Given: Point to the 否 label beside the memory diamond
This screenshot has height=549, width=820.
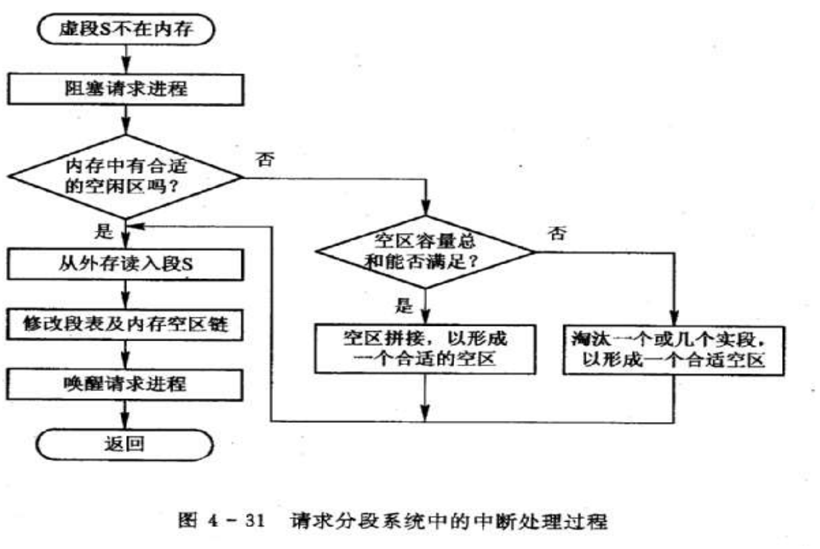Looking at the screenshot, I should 264,160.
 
